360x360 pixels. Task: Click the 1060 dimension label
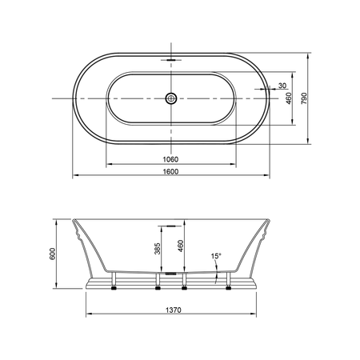[170, 159]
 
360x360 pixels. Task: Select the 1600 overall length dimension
[170, 171]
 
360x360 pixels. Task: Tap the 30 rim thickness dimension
[282, 86]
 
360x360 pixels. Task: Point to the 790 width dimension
[304, 98]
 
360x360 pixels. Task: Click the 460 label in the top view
[289, 98]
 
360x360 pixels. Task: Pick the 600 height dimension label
[53, 254]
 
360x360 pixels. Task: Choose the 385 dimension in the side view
[158, 248]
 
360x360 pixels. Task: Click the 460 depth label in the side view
[181, 246]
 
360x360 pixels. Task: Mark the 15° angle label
[216, 256]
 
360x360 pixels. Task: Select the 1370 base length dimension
[174, 310]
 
